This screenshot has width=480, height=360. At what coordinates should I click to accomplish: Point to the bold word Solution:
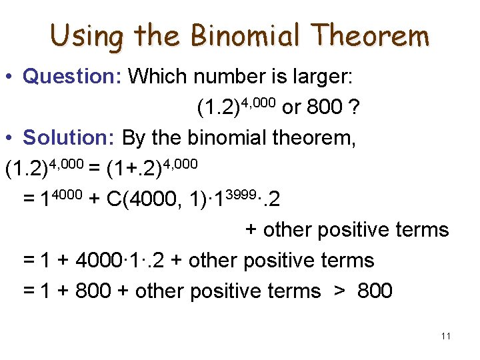point(70,138)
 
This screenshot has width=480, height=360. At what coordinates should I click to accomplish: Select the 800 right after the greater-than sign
point(374,291)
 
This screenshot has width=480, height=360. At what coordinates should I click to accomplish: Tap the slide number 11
point(446,335)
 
